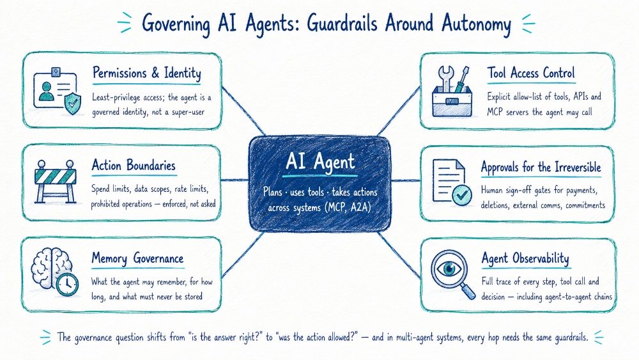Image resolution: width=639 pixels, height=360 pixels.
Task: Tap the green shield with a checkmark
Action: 73,103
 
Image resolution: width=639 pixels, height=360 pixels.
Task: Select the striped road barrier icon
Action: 56,182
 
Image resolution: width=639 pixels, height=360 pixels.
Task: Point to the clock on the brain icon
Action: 67,284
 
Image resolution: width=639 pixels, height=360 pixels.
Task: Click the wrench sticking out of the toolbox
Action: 446,79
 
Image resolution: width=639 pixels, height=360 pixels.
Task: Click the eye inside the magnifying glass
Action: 449,269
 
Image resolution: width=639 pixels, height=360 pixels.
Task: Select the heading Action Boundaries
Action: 134,166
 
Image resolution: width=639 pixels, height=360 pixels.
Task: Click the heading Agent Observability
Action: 525,258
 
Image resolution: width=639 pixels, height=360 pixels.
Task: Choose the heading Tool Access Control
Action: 531,73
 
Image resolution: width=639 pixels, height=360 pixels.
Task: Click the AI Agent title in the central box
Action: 320,161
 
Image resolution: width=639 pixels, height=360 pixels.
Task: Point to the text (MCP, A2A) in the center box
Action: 348,207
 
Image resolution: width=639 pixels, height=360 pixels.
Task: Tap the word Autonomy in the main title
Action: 477,24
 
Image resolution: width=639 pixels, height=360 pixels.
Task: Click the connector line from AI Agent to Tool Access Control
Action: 398,111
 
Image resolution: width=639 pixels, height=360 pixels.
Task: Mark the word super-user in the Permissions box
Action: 188,112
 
